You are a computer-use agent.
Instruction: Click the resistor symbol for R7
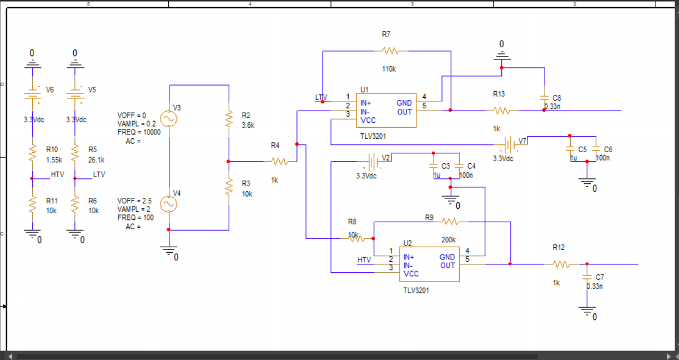(391, 51)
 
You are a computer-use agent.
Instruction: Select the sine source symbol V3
(169, 118)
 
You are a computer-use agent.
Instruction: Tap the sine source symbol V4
(169, 204)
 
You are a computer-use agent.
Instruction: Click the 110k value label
(389, 69)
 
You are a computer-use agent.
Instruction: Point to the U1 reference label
(364, 90)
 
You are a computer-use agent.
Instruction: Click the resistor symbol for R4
(280, 161)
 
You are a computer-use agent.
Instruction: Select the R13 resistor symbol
(502, 111)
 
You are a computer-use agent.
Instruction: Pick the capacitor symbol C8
(545, 98)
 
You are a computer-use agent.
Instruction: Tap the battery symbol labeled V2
(375, 161)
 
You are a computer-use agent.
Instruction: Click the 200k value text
(449, 240)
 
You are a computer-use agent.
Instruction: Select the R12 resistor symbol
(562, 264)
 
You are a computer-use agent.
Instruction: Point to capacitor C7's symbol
(587, 277)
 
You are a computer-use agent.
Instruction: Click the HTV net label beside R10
(58, 174)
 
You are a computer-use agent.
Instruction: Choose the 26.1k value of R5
(97, 160)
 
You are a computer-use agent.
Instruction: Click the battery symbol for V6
(32, 94)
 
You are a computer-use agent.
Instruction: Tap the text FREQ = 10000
(139, 132)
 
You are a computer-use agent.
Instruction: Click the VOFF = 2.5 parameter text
(134, 201)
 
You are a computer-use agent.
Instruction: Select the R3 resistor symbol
(229, 187)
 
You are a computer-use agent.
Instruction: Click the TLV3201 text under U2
(416, 291)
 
